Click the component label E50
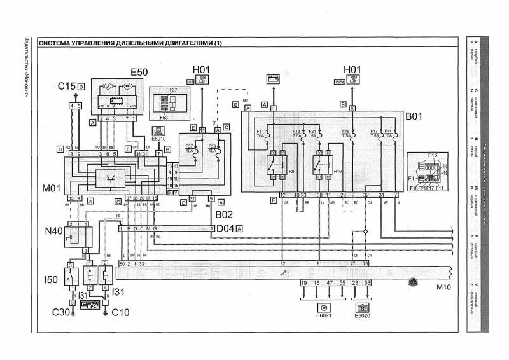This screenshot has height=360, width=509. [139, 73]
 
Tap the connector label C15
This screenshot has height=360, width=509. [67, 85]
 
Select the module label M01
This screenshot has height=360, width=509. [52, 190]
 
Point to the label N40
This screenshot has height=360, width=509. [53, 231]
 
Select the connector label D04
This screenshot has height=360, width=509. [225, 227]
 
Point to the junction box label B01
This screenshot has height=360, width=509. [414, 117]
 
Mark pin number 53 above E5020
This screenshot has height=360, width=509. [368, 281]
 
